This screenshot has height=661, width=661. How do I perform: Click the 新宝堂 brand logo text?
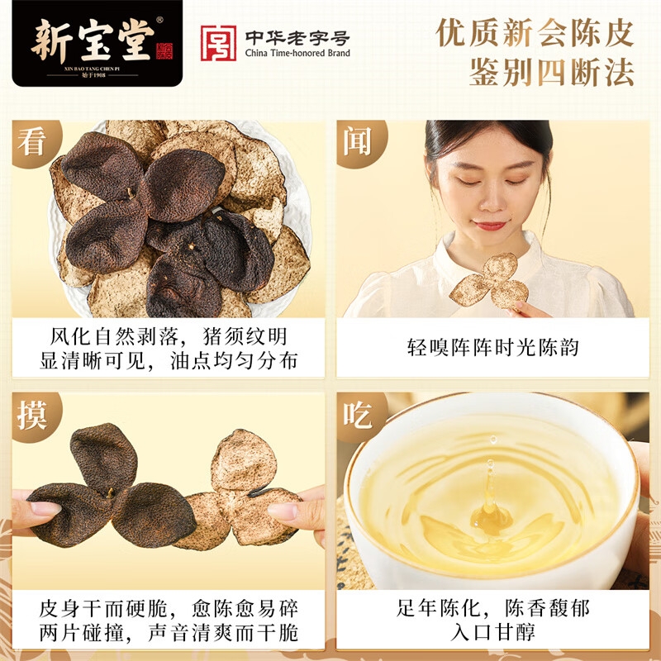[93, 40]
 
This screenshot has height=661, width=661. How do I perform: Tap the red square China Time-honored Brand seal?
[218, 43]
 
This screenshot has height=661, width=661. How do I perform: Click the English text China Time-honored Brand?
[297, 53]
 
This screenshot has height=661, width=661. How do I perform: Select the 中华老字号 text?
[297, 37]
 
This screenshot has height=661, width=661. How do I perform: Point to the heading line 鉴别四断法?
[551, 72]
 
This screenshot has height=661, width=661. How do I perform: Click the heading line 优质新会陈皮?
[535, 32]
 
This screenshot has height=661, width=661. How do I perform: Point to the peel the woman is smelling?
[490, 280]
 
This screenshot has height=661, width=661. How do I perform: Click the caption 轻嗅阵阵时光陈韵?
[492, 347]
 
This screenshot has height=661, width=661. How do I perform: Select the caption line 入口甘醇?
[492, 632]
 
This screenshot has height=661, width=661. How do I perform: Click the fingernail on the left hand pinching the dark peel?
[45, 507]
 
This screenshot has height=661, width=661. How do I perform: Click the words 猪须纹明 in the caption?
[245, 336]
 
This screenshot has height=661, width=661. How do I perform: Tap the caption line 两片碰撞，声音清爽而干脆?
[169, 633]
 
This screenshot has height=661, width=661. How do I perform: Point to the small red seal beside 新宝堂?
[164, 51]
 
